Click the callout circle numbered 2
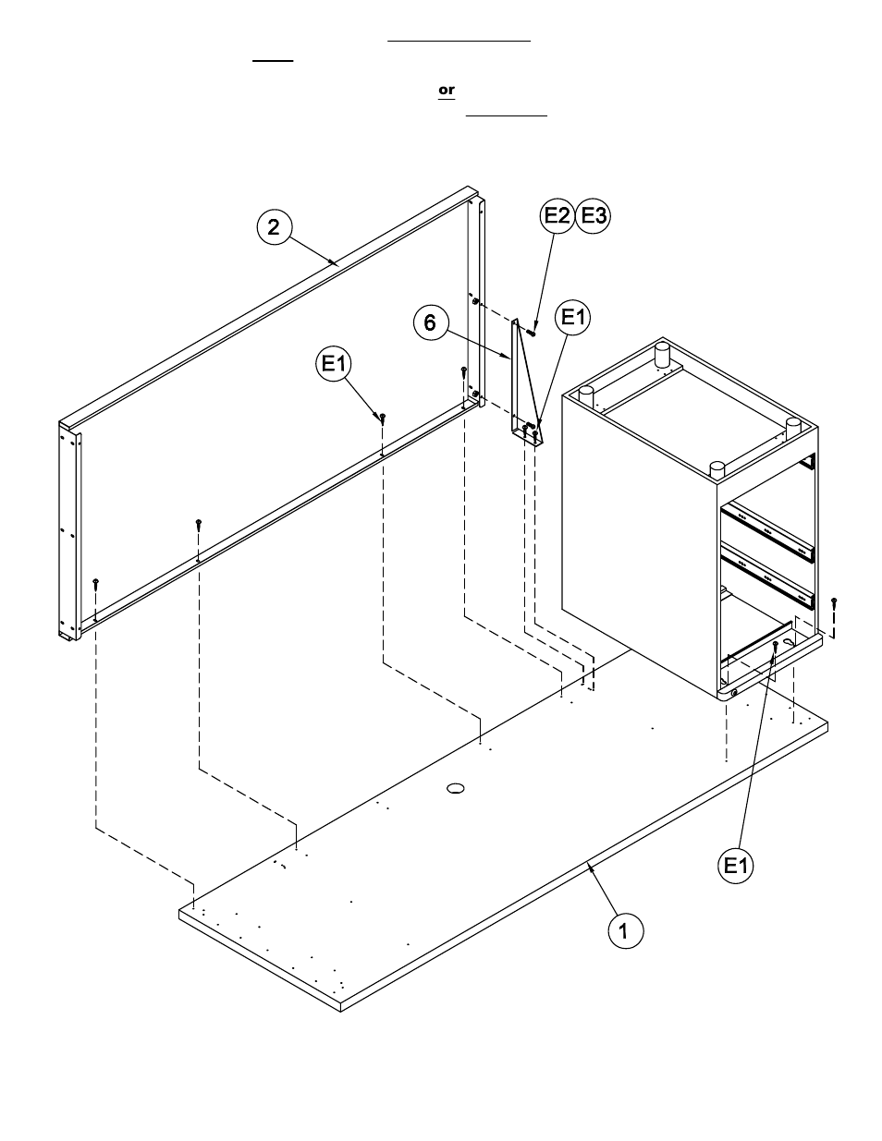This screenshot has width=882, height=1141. (275, 226)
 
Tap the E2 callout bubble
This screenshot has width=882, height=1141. (557, 215)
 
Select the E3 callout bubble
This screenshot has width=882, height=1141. (593, 215)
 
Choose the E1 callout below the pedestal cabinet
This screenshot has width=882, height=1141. (736, 866)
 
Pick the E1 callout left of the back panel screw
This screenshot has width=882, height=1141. (333, 364)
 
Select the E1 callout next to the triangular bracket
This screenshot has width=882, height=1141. (573, 318)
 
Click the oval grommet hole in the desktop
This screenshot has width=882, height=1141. (456, 788)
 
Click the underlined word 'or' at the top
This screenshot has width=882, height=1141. (447, 90)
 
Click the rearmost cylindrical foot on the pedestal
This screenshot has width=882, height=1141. (662, 353)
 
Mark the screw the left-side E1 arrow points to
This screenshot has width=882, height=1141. (383, 419)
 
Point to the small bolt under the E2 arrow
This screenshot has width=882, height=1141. (532, 333)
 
